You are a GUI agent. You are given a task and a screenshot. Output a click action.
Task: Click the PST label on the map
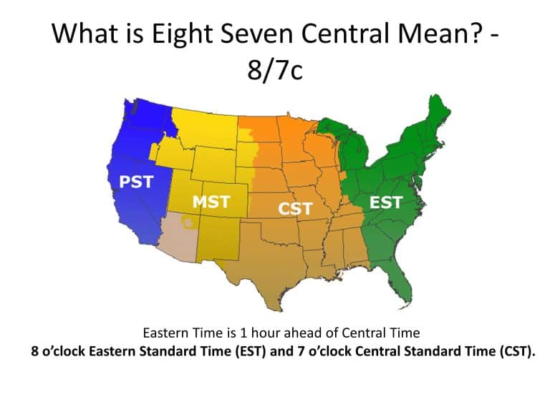tap(136, 182)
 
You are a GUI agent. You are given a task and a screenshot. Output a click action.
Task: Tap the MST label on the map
tap(211, 202)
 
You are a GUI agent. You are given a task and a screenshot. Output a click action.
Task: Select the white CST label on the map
tap(295, 208)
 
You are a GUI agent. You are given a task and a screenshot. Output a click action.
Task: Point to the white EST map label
tap(385, 203)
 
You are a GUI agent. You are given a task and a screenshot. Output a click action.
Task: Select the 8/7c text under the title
tap(275, 71)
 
